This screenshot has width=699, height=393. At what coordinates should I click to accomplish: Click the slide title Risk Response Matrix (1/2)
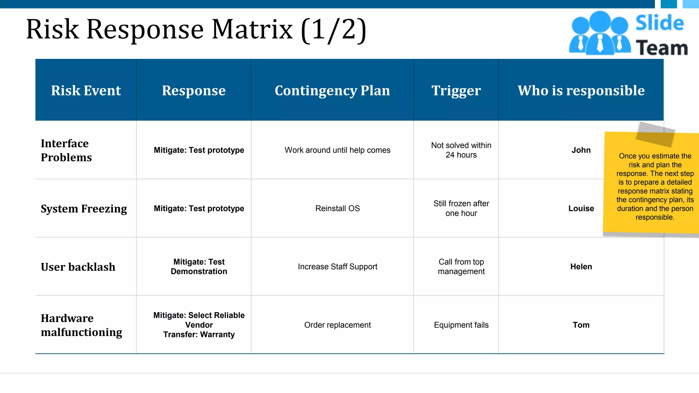[196, 30]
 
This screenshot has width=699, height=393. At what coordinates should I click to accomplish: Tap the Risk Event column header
[86, 90]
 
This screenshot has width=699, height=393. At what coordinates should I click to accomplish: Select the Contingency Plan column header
[332, 90]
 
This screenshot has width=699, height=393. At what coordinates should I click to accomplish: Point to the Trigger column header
[456, 90]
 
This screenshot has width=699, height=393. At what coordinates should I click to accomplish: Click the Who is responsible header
[581, 90]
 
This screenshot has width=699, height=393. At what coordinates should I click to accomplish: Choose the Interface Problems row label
[66, 150]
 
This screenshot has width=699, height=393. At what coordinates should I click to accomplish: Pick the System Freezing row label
[84, 208]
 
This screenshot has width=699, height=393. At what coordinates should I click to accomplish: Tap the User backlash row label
[78, 267]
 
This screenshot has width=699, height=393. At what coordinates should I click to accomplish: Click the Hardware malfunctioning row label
[81, 325]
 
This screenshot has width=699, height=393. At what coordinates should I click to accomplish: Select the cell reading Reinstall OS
[337, 208]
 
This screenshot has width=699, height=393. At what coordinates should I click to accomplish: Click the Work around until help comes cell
[337, 150]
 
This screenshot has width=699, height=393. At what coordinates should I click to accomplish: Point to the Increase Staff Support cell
[337, 267]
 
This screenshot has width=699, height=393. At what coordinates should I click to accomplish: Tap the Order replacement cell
[337, 325]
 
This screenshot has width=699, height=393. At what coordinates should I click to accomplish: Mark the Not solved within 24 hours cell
[461, 150]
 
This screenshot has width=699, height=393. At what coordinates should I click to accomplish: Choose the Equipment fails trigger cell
[461, 325]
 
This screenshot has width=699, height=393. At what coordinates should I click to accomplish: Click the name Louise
[581, 208]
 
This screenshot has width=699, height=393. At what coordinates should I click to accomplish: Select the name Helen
[581, 267]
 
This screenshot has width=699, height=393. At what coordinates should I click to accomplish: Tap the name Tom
[581, 325]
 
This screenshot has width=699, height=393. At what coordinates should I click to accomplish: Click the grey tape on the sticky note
[655, 134]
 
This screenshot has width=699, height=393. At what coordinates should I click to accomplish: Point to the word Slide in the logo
[659, 23]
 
